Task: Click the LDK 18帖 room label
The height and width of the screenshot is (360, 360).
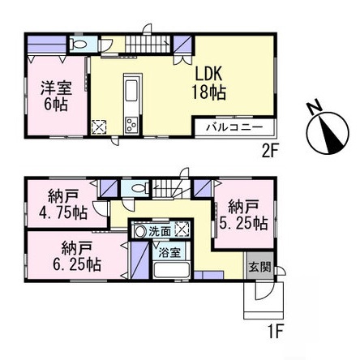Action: point(209,84)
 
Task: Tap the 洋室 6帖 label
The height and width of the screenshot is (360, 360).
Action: point(56,96)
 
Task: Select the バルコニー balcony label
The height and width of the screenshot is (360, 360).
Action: point(234,127)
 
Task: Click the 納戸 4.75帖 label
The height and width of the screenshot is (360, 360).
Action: point(63,204)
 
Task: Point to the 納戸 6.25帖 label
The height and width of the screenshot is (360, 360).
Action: point(77,256)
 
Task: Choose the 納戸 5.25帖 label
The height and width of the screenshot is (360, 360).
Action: point(243,215)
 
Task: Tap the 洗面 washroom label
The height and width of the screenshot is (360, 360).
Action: point(160,232)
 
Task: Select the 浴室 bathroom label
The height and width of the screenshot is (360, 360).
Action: point(169,253)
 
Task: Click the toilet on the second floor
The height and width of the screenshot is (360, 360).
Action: point(78,44)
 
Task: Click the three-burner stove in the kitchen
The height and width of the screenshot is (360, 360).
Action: point(131,125)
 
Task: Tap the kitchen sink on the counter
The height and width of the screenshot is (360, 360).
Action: point(132,91)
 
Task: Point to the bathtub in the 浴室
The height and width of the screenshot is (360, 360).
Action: point(171,269)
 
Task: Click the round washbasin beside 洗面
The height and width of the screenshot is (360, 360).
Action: point(139,232)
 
